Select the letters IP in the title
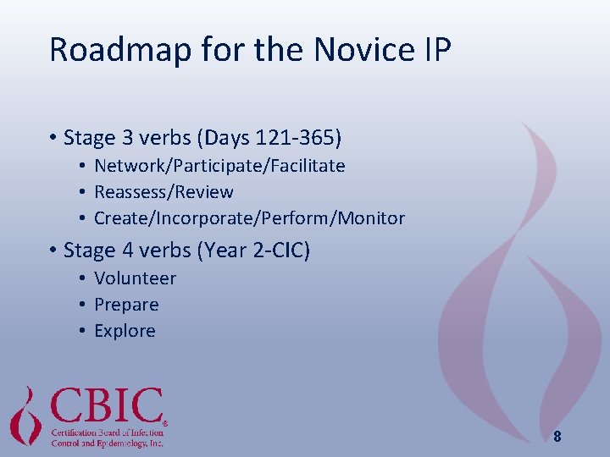click(438, 50)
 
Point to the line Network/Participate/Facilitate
click(219, 166)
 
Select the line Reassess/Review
click(164, 192)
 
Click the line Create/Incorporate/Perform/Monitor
click(249, 218)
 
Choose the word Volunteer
click(135, 278)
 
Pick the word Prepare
click(126, 305)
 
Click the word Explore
click(125, 331)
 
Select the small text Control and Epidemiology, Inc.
click(107, 443)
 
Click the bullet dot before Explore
click(82, 331)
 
